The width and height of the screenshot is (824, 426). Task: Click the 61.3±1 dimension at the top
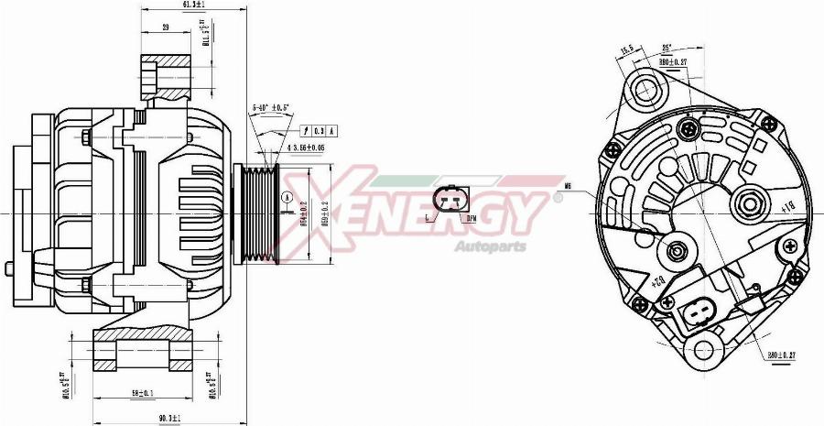pyautogui.click(x=192, y=5)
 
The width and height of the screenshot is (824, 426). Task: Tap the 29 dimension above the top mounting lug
pyautogui.click(x=165, y=27)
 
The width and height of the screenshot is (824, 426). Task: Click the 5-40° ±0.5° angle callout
pyautogui.click(x=270, y=108)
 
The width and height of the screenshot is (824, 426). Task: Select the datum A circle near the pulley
pyautogui.click(x=288, y=196)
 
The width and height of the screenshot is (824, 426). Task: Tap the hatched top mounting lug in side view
pyautogui.click(x=166, y=75)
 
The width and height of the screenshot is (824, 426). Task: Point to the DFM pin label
pyautogui.click(x=471, y=220)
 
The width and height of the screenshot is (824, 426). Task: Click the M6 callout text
pyautogui.click(x=568, y=186)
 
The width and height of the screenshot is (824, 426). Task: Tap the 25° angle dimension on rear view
pyautogui.click(x=667, y=47)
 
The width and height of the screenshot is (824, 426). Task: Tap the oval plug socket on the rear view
pyautogui.click(x=702, y=314)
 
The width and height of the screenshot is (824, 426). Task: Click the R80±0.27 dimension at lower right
pyautogui.click(x=782, y=354)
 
